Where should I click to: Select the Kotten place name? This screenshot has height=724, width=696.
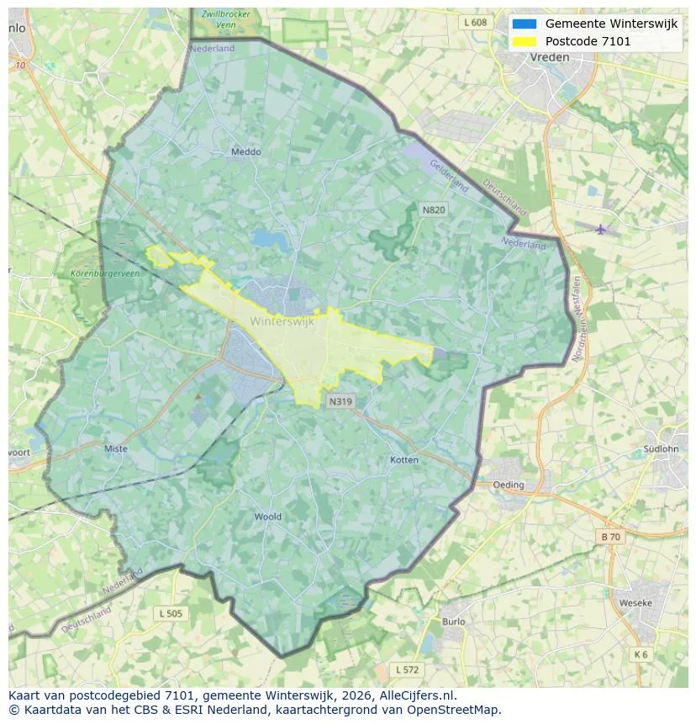point(404,460)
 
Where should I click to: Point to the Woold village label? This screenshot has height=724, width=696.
point(267,516)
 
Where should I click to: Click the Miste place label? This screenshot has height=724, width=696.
point(116,448)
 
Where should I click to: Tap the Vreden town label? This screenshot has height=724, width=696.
point(550,57)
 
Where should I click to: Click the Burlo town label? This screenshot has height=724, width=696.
point(453,621)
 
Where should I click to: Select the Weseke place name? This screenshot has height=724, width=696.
point(635,603)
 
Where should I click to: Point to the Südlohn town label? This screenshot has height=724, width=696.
point(660,449)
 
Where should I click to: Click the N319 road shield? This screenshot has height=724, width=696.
point(340,402)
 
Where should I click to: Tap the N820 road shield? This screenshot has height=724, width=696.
point(434,209)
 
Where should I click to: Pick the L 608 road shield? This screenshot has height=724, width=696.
point(475,23)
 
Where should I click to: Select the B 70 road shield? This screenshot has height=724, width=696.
point(611,536)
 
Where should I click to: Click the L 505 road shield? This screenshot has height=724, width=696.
point(170,614)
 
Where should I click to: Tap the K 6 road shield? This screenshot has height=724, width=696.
point(641,654)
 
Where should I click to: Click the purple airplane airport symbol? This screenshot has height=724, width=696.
point(600,229)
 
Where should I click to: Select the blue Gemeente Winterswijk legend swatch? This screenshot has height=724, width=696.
point(524,24)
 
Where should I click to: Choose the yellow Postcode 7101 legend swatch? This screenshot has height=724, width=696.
point(524,41)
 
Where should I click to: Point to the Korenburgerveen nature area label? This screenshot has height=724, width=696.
point(106,273)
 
